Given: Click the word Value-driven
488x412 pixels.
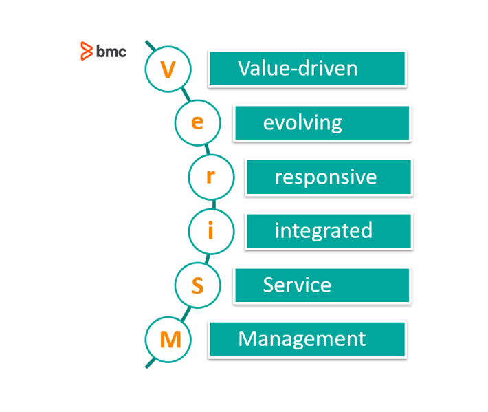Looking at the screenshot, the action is pos(298,68).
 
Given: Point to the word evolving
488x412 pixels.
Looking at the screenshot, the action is pos(302,123).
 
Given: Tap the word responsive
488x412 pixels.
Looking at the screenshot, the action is pos(326,177).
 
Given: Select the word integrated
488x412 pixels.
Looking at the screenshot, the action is pos(324,230).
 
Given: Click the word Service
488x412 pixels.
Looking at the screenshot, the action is pos(297,285).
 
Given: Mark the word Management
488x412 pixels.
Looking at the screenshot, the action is pos(302,339).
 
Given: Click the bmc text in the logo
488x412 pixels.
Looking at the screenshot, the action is pos(111,51).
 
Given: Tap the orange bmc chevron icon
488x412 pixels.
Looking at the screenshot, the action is pos(87,51).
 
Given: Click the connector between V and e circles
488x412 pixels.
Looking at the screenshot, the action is pos(186,94).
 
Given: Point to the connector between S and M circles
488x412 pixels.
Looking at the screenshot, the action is pos(186,314).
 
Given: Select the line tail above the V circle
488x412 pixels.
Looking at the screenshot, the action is pos(151,45).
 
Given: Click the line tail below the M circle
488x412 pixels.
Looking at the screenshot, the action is pos(150,362).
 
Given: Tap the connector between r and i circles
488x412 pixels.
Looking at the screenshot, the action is pos(214,204).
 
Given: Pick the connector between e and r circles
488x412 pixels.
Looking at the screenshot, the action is pos(208,149).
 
